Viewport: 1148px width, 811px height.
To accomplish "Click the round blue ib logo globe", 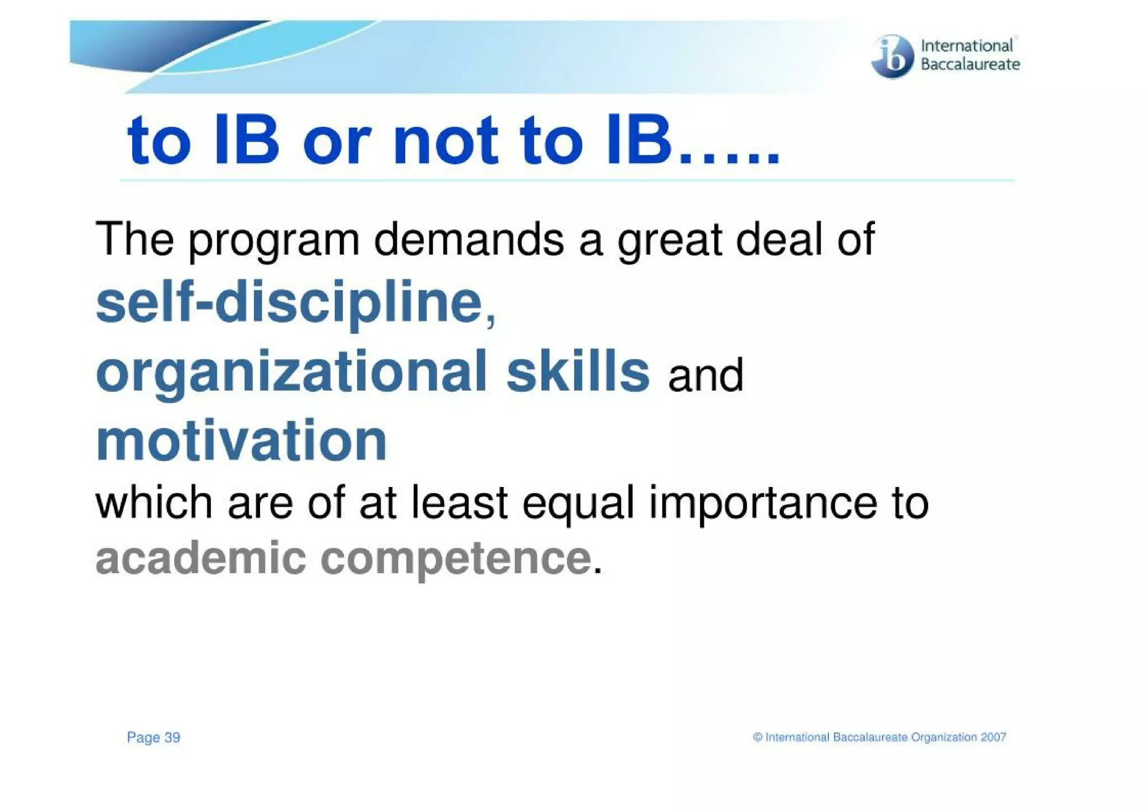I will (x=892, y=57).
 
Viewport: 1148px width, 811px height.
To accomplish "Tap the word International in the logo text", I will (x=967, y=46).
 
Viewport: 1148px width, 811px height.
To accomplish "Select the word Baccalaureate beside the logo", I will (x=970, y=64).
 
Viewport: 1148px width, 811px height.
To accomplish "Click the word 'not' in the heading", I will (x=446, y=141).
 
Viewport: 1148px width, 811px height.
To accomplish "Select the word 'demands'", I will (x=469, y=239).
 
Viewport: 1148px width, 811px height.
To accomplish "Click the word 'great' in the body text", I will (x=669, y=241).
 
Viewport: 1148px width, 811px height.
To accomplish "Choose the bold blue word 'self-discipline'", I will (x=289, y=303).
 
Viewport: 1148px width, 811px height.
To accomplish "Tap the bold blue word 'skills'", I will (x=577, y=371).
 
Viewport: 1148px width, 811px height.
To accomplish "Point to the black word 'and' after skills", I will (x=705, y=376).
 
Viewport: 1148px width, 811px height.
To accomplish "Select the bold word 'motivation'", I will (x=242, y=441).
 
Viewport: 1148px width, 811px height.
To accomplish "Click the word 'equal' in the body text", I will (x=578, y=503).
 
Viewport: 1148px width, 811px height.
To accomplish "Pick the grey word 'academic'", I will (x=201, y=559).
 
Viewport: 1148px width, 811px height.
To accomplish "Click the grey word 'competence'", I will (x=456, y=560).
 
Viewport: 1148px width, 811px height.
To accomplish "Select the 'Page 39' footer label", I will (x=154, y=738).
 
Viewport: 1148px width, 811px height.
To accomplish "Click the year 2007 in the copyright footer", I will (x=993, y=737).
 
